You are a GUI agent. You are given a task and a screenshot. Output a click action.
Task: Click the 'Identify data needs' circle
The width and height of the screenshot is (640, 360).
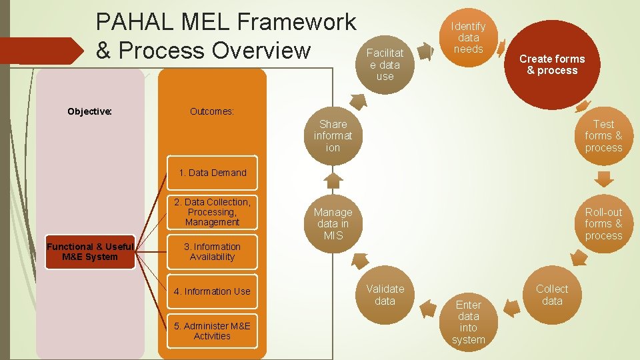468,37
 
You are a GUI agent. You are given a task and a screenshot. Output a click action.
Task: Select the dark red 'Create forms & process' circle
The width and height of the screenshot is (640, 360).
552,65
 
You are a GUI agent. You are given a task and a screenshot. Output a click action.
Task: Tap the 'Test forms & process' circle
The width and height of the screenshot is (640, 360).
603,136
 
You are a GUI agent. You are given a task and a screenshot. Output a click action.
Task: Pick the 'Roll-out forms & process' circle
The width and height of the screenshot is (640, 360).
603,224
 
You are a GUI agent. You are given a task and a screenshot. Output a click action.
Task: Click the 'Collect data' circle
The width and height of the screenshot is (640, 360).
552,295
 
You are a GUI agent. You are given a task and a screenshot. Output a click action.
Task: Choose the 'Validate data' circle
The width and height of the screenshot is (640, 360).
385,295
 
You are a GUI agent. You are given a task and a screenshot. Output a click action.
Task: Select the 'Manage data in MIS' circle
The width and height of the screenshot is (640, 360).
333,224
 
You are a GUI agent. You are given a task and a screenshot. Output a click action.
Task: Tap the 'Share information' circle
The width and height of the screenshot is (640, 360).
333,136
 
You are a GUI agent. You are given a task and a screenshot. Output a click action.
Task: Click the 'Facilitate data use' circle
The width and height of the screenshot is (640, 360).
385,65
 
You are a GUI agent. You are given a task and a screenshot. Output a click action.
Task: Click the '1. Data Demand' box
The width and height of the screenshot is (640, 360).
212,173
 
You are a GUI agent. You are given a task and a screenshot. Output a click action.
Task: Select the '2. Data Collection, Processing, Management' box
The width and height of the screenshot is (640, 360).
212,212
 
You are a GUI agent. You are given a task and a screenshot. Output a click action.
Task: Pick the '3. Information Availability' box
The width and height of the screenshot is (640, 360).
212,252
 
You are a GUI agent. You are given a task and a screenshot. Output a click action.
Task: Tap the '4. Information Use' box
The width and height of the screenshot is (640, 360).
212,291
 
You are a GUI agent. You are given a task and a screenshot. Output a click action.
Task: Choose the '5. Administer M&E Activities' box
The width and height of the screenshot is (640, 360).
212,331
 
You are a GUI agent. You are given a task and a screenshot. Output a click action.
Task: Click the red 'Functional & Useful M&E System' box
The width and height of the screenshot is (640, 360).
90,252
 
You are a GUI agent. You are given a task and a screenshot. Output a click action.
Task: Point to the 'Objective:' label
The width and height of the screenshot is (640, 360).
89,111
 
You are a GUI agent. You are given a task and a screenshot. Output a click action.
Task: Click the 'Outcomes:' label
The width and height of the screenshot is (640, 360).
211,111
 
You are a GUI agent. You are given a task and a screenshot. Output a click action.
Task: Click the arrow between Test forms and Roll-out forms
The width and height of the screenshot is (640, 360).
603,179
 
